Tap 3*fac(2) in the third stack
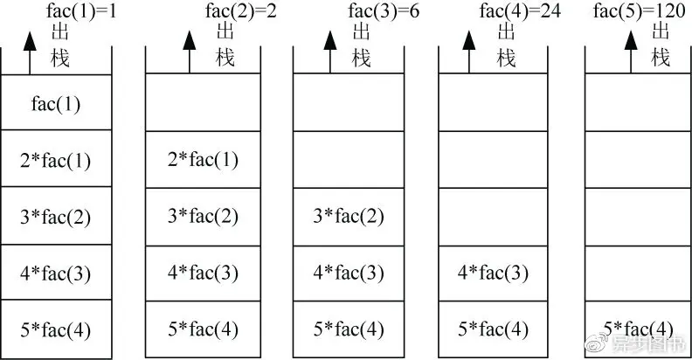348,216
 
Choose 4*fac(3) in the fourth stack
494,273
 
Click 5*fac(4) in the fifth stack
638,329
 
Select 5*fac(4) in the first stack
56,329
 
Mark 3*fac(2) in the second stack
201,216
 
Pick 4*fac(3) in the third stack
348,273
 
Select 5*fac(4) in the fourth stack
494,329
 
